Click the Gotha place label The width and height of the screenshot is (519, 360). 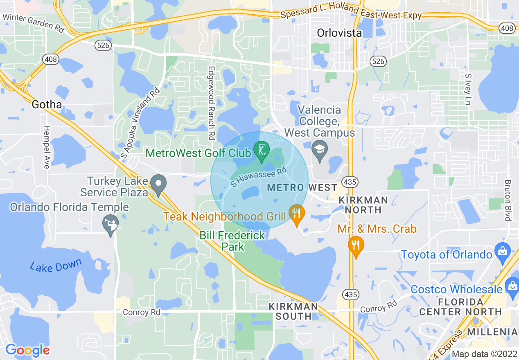click(x=47, y=105)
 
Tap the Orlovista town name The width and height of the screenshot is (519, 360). click(x=339, y=32)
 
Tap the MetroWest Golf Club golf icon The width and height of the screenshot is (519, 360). click(x=262, y=150)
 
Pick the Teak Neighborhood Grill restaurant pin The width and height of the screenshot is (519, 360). click(x=297, y=214)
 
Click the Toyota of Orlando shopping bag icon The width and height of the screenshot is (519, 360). click(x=502, y=250)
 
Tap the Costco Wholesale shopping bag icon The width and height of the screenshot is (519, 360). click(x=512, y=285)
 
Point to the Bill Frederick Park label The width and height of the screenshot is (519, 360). click(x=232, y=241)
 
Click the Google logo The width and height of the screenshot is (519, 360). click(x=27, y=350)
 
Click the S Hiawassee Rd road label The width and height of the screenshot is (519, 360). click(x=258, y=178)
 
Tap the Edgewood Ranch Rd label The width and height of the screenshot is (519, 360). click(x=211, y=103)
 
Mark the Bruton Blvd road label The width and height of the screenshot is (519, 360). click(x=508, y=200)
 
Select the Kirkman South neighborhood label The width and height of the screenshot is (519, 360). click(x=293, y=311)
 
